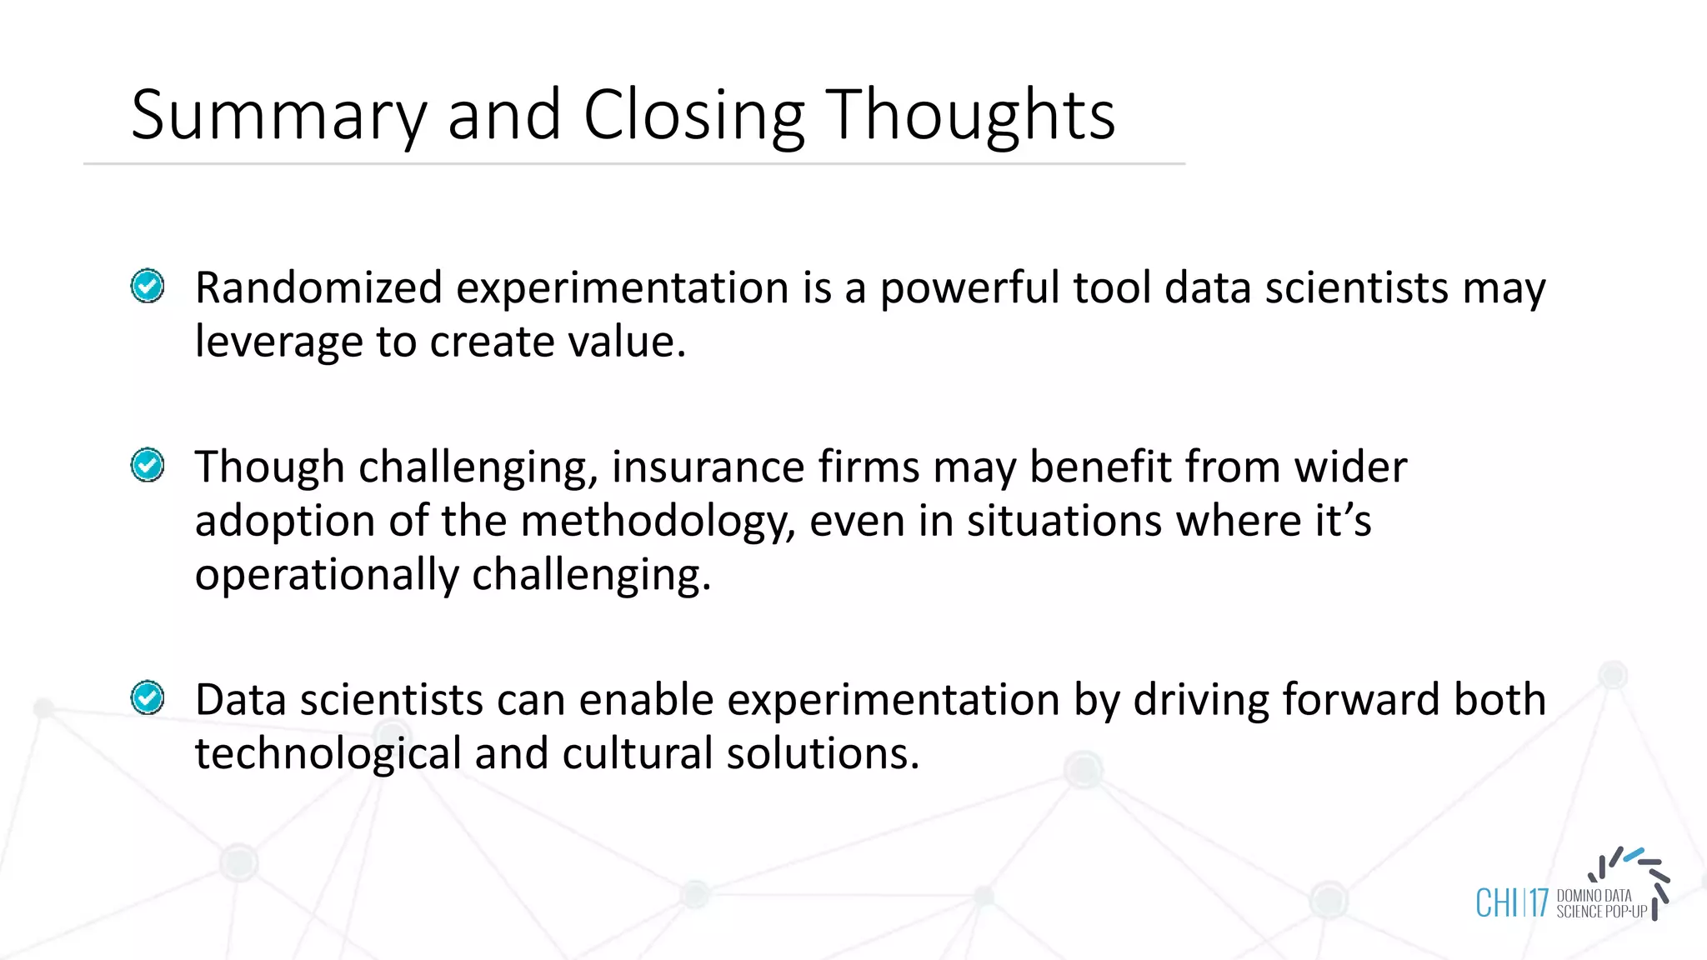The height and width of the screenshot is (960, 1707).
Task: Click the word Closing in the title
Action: click(693, 117)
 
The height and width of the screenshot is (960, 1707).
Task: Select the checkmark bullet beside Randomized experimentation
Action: click(148, 287)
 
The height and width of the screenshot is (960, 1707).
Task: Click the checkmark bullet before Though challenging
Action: click(148, 465)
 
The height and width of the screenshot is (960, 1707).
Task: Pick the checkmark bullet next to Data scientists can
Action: click(148, 697)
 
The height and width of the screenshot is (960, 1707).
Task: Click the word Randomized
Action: click(318, 288)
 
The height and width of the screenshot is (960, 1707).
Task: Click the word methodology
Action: click(658, 522)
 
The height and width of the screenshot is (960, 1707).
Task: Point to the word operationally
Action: click(326, 576)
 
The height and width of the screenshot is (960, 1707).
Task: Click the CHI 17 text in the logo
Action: click(1511, 903)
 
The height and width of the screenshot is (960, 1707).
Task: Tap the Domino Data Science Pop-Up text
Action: click(1600, 904)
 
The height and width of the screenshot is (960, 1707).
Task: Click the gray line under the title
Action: click(633, 164)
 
